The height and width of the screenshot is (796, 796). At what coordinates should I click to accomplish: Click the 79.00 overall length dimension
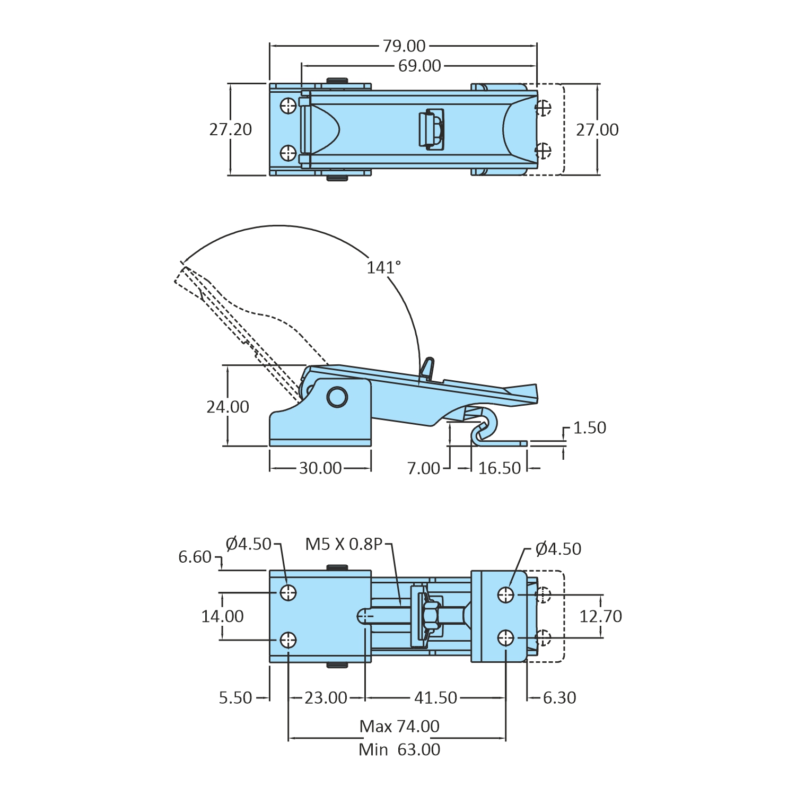404,46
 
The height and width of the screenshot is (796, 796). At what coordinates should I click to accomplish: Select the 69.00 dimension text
419,66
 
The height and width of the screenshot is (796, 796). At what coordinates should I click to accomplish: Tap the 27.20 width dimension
230,129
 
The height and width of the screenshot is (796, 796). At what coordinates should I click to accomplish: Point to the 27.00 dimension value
597,130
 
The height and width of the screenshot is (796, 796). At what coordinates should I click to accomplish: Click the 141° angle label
383,267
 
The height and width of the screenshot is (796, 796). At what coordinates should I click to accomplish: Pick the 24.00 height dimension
228,407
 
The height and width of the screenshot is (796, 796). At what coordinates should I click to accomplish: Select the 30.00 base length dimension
320,468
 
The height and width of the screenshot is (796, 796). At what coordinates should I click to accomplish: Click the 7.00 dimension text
423,468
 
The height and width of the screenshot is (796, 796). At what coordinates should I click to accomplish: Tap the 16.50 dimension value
499,468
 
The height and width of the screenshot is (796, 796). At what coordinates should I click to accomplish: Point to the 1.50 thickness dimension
589,428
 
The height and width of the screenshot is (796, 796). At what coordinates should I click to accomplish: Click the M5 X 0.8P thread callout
344,544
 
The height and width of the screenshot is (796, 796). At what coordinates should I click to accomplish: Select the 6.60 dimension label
195,557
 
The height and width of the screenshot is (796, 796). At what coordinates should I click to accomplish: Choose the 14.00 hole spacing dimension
222,616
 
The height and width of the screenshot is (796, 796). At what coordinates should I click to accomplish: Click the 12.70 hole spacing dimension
600,616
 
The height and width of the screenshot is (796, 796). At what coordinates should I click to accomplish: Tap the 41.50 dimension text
435,698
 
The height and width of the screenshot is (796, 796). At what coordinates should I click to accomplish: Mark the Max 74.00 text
399,726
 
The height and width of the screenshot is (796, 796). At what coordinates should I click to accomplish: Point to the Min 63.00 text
399,750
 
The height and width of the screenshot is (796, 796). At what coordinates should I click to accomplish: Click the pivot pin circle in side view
337,397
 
